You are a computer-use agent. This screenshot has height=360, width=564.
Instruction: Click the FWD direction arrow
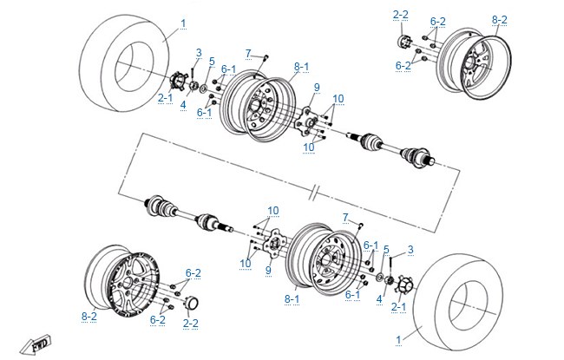coord(36,345)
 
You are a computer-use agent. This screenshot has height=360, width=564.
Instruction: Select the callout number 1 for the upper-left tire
coord(183,23)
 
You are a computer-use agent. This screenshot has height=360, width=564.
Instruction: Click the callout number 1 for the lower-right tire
coord(398,340)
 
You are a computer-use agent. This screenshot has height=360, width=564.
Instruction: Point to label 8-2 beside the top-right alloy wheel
coord(500,20)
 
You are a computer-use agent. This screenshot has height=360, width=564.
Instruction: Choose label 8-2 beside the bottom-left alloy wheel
coord(89,317)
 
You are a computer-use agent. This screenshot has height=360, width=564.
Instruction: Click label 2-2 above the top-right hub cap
coord(401,15)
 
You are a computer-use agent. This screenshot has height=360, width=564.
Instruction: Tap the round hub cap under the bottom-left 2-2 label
coord(192,303)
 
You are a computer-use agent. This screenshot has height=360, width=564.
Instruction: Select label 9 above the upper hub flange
coord(317,88)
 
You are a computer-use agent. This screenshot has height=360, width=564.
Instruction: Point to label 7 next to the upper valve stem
coord(248,54)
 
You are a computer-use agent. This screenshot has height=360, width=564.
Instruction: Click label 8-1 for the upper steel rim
coord(301,67)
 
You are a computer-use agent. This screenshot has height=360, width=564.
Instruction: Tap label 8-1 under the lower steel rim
coord(292,299)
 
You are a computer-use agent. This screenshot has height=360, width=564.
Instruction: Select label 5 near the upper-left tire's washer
coord(212,62)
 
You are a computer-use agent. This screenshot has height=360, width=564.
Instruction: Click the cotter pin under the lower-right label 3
coord(390,265)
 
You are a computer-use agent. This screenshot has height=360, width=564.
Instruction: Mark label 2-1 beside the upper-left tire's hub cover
coord(165,98)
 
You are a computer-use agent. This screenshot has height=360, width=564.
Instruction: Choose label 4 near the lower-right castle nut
coord(379,299)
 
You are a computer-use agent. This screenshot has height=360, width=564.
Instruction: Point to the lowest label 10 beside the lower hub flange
coord(246,263)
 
